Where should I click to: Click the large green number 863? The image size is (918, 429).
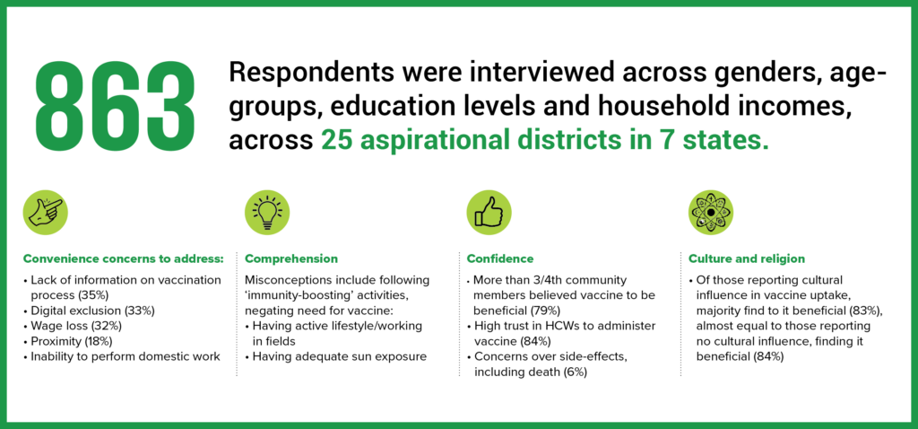pyautogui.click(x=116, y=106)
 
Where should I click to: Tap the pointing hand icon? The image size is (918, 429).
pyautogui.click(x=45, y=212)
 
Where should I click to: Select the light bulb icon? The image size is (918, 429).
pyautogui.click(x=267, y=212)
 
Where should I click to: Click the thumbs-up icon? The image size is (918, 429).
pyautogui.click(x=489, y=212)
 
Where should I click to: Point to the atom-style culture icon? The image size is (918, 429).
pyautogui.click(x=711, y=212)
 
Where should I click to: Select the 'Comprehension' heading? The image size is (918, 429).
pyautogui.click(x=291, y=258)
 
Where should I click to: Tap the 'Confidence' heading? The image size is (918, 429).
pyautogui.click(x=500, y=258)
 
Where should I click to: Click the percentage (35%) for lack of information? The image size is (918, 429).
pyautogui.click(x=93, y=294)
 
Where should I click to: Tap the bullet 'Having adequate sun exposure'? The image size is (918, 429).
pyautogui.click(x=335, y=355)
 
